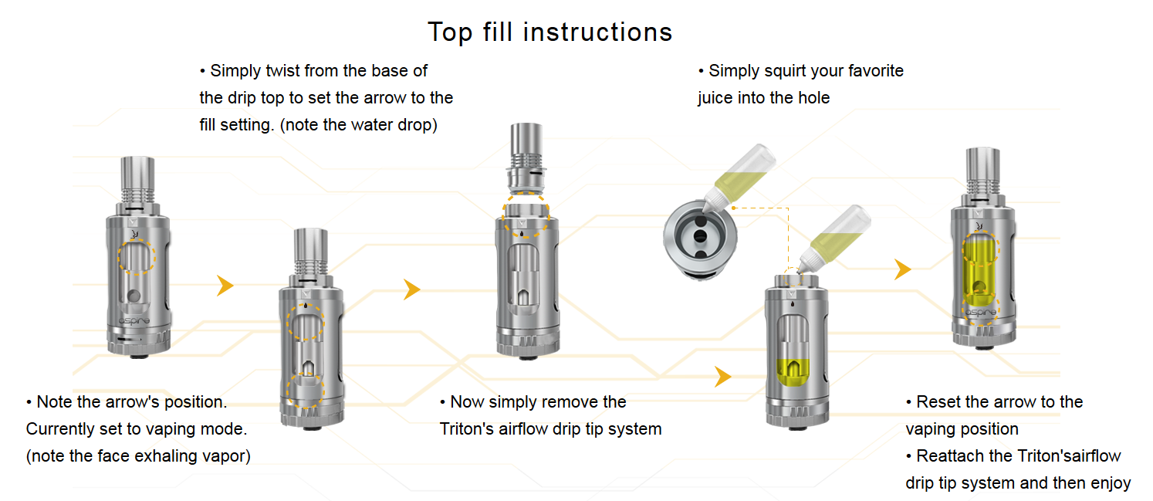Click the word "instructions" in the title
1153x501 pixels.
597,32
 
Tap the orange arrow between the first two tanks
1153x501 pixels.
225,286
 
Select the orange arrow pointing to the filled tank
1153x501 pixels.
902,269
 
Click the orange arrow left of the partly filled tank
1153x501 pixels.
722,377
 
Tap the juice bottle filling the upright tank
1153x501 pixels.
833,239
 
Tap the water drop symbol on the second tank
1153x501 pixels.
306,306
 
